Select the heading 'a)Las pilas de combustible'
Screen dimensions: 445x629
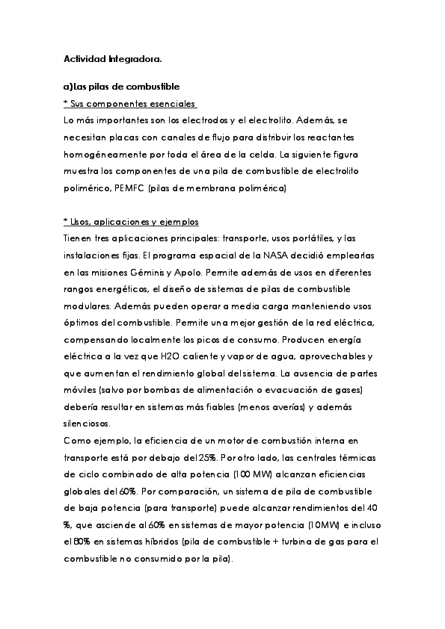[x=121, y=87]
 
